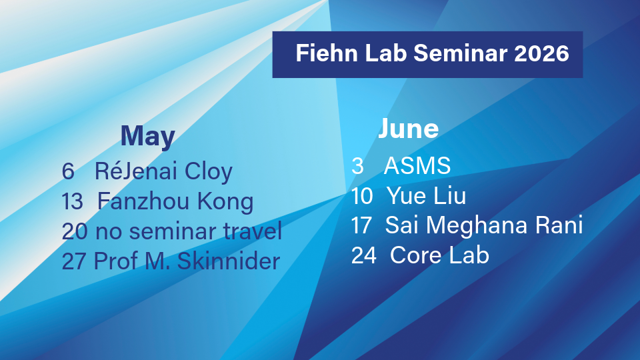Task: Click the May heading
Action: pos(148,137)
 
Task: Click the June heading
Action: pos(409,128)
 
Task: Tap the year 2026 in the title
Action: pos(541,53)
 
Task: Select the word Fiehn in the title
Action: pos(327,53)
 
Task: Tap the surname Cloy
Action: pos(209,172)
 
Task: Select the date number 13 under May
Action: pos(72,201)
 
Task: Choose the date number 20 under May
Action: pos(75,231)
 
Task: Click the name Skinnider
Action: pos(229,261)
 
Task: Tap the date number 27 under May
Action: pos(74,261)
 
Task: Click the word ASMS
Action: pos(417,166)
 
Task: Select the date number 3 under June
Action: pos(357,166)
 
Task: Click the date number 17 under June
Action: pos(361,225)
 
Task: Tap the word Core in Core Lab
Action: pos(416,255)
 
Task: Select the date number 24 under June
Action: pos(364,255)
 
